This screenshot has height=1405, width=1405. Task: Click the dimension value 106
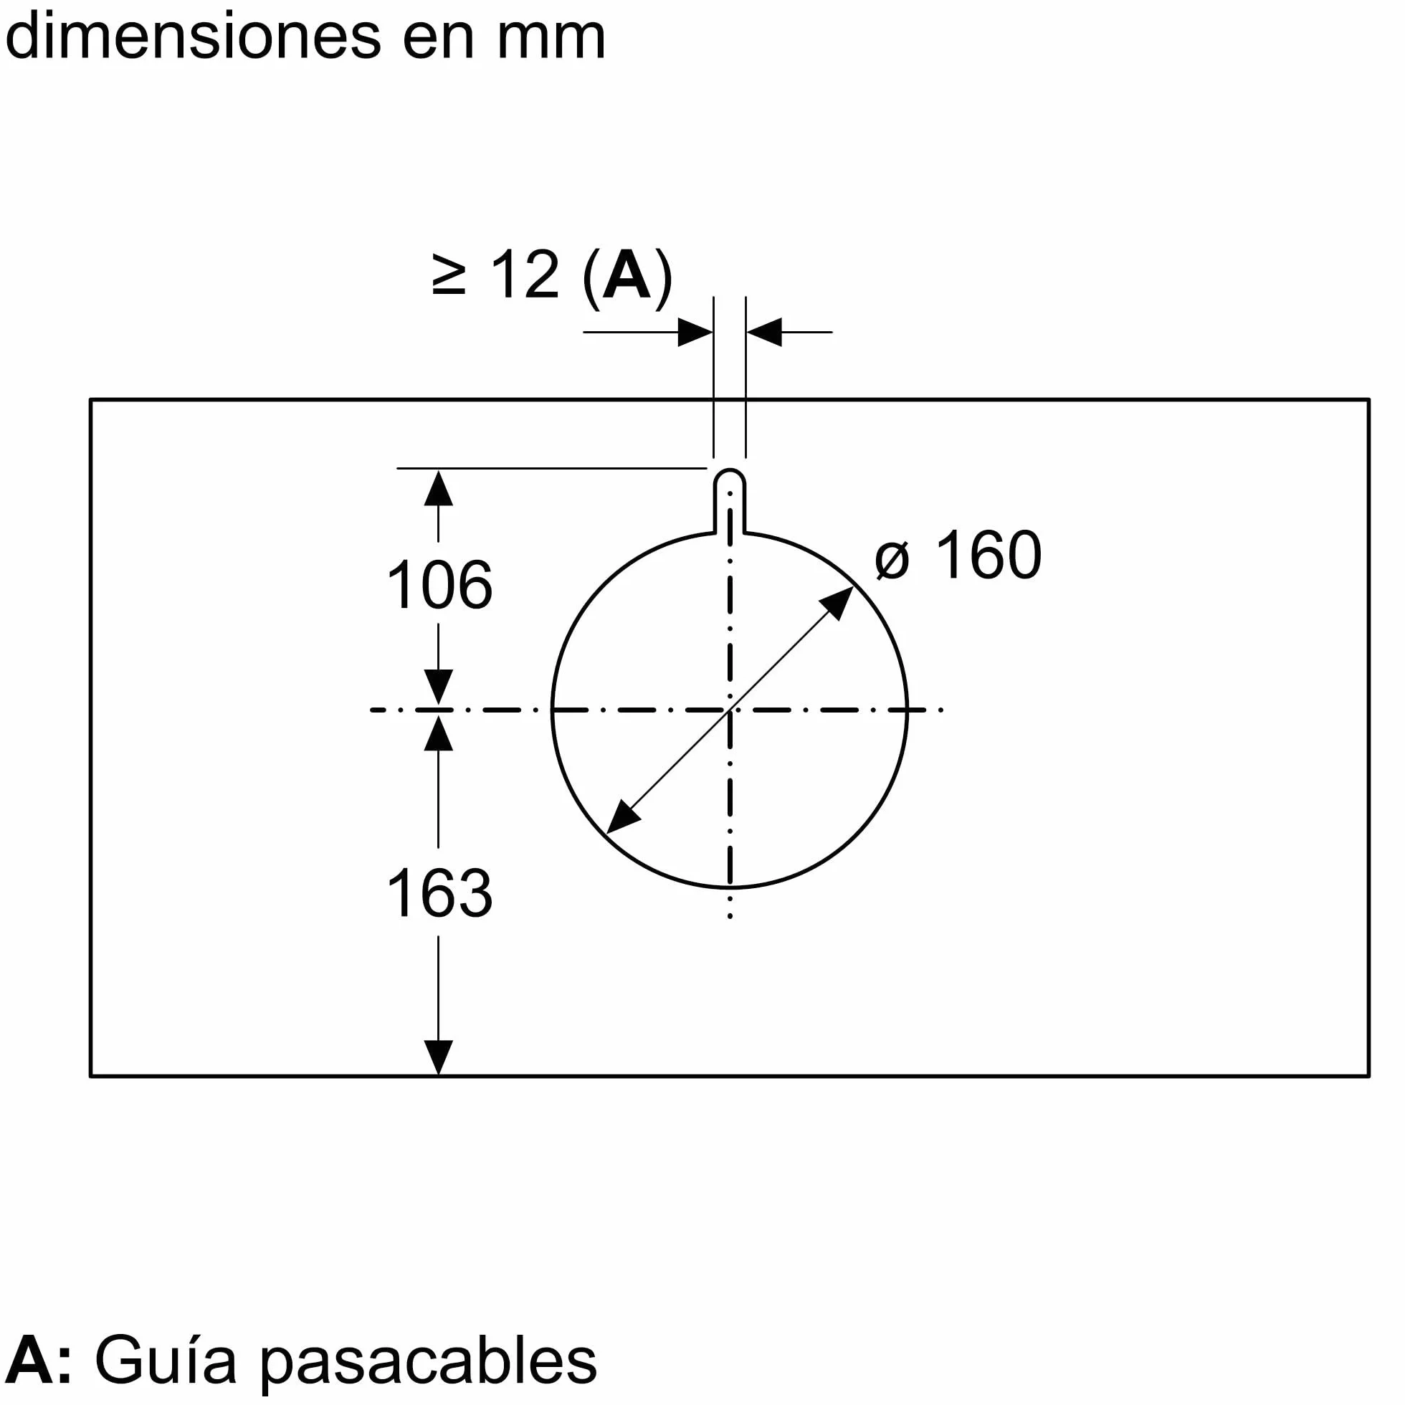pos(439,586)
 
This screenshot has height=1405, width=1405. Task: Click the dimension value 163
pos(439,894)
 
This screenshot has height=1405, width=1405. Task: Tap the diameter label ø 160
pos(958,555)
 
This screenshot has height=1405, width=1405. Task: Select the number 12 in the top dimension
pos(525,275)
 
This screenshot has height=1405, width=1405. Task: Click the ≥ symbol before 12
pos(448,275)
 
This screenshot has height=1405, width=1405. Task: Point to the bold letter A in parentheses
pos(626,274)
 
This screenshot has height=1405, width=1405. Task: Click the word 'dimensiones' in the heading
pos(193,36)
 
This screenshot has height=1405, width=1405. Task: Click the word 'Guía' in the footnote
pos(166,1360)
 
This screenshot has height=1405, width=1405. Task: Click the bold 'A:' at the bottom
pos(39,1360)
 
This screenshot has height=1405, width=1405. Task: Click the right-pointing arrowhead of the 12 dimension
pos(695,333)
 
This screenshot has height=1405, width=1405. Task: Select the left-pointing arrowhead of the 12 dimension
pos(763,333)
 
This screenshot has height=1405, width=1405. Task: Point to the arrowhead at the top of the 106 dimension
pos(439,488)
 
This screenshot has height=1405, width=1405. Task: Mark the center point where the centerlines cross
pos(730,710)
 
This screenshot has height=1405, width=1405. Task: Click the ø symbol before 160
pos(892,561)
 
